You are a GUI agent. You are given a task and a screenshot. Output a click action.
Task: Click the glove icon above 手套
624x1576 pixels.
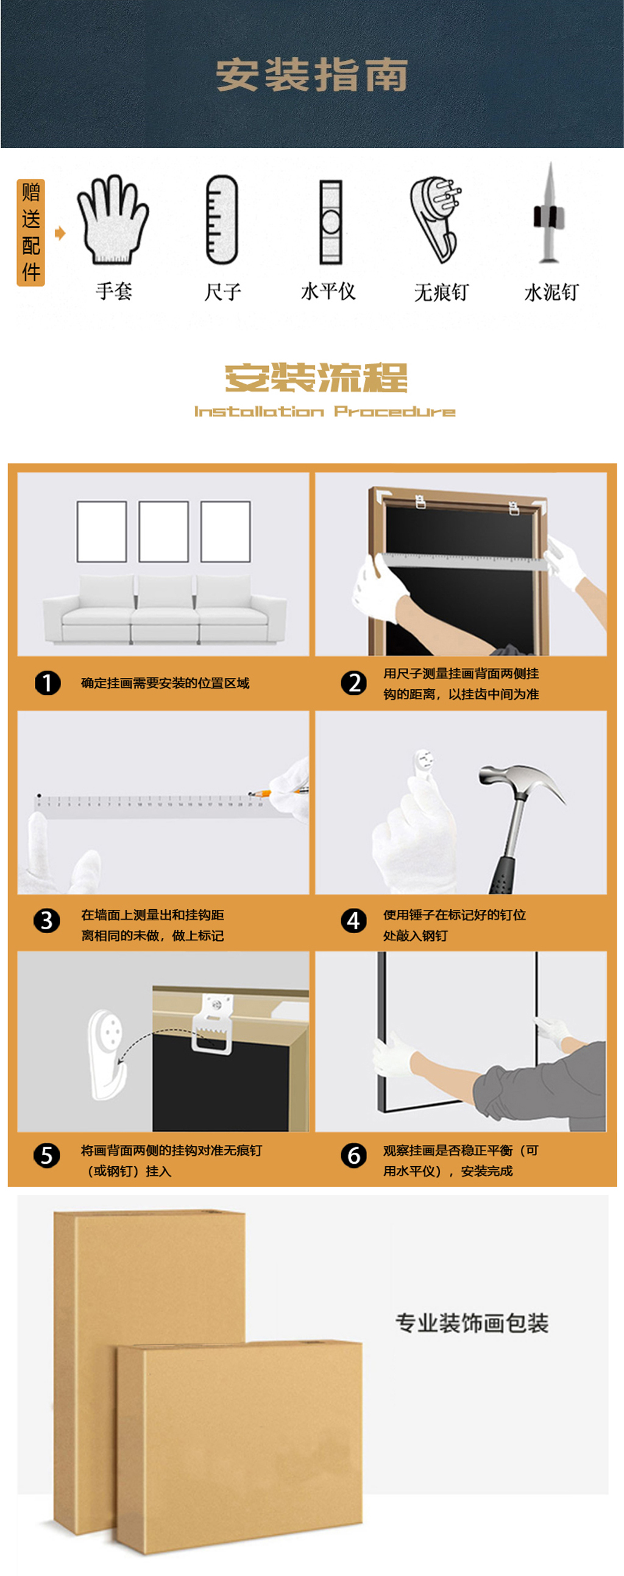tap(113, 220)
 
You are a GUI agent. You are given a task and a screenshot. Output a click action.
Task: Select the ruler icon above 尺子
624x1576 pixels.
tap(221, 220)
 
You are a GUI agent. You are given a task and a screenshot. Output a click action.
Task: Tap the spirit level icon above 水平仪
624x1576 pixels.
tap(331, 222)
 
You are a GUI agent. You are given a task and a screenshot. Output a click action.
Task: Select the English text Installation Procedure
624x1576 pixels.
tap(325, 411)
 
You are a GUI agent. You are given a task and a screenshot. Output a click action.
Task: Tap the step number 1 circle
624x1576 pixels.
tap(47, 683)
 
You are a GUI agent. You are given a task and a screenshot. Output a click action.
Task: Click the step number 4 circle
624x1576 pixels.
tap(353, 921)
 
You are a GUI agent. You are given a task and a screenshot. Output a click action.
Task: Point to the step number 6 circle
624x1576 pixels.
tap(353, 1156)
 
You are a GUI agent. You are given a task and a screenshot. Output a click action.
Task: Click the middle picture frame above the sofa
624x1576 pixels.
tap(163, 531)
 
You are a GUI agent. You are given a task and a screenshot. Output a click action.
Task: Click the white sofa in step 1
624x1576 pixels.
tap(164, 610)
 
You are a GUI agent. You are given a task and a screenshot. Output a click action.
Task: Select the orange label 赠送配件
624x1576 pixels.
tap(30, 233)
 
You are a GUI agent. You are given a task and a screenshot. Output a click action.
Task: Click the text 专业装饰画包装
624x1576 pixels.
tap(472, 1322)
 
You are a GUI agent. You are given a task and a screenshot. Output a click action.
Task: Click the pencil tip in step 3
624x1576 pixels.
tap(250, 794)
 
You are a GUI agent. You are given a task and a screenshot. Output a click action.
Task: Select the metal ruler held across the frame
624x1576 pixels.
tap(463, 561)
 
